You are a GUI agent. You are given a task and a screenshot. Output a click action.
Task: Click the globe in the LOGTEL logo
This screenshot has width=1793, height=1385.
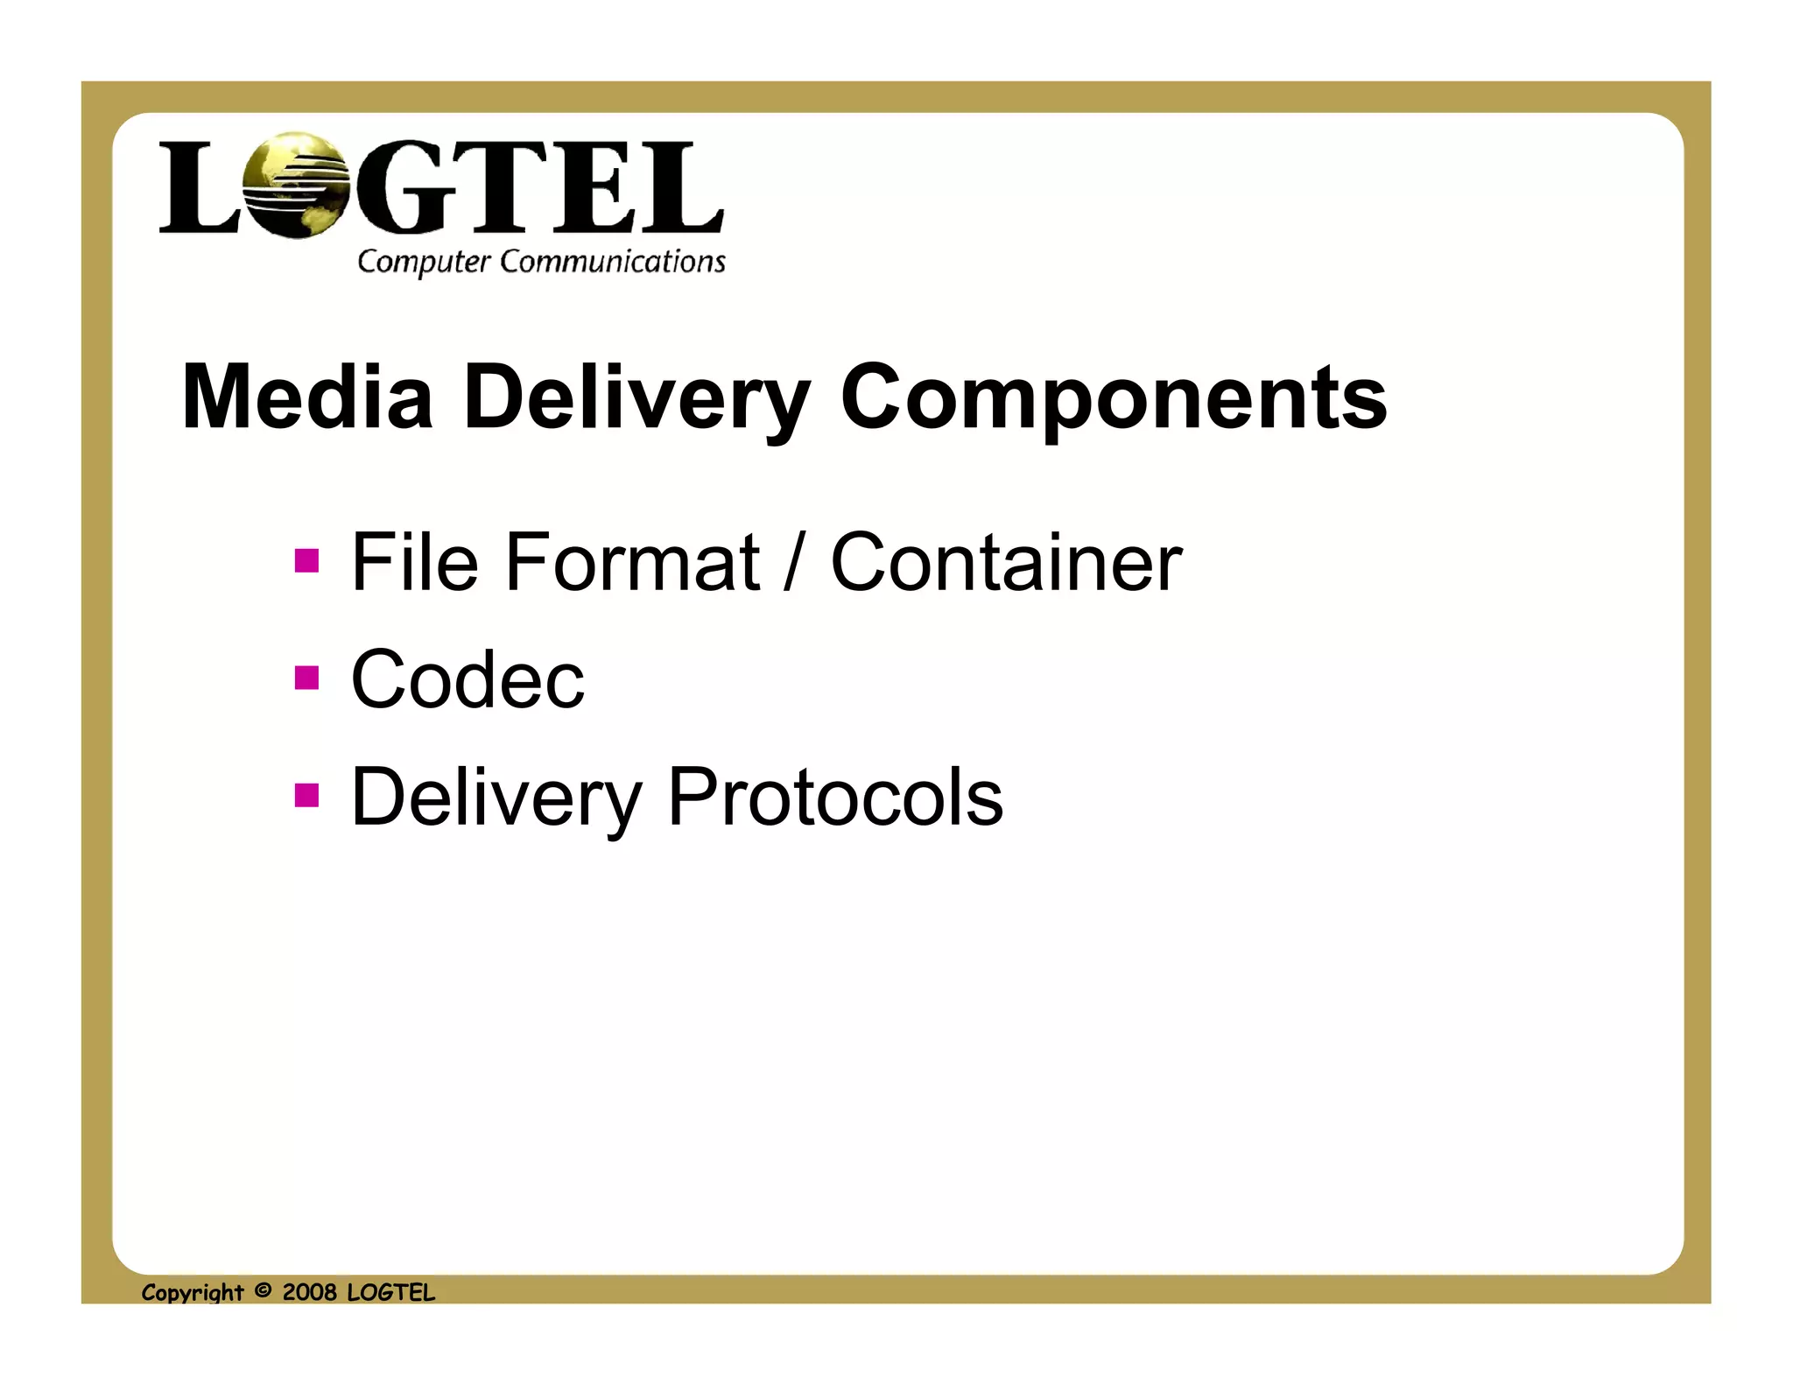click(296, 185)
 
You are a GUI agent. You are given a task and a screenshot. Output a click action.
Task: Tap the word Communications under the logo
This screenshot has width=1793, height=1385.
click(613, 261)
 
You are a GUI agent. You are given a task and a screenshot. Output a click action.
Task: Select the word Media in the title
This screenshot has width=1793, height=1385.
click(307, 397)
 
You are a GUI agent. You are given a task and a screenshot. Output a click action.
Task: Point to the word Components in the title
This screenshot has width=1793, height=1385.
click(1113, 399)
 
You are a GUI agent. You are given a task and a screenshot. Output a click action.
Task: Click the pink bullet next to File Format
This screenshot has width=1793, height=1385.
click(307, 560)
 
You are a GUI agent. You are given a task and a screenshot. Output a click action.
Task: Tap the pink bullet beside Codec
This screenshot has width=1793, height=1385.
click(307, 678)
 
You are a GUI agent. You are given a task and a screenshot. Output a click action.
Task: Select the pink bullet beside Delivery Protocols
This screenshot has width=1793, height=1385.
click(307, 795)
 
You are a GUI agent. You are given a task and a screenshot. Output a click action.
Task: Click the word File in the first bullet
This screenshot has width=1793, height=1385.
click(414, 562)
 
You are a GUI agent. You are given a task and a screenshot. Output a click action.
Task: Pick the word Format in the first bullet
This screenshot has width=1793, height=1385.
click(631, 562)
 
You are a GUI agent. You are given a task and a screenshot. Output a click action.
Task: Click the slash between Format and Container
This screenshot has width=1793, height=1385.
click(793, 564)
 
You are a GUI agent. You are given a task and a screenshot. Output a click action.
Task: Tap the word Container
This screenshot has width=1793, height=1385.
click(1006, 562)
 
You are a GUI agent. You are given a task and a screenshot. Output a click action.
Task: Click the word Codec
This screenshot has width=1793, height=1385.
click(468, 679)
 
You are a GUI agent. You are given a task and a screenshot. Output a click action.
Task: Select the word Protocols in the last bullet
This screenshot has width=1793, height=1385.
click(834, 797)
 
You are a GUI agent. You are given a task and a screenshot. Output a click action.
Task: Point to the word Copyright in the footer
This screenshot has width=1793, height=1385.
click(193, 1293)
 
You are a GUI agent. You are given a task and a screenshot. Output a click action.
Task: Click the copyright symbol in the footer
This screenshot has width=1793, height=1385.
click(263, 1290)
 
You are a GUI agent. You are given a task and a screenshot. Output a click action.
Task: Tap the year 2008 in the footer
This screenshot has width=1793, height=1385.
click(309, 1292)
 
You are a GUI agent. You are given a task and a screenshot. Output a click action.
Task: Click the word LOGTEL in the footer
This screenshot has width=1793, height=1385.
click(390, 1292)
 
